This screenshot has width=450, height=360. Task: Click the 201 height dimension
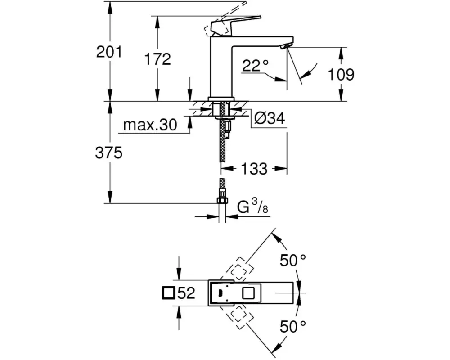109,52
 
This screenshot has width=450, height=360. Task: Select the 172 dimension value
157,59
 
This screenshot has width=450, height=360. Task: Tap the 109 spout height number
341,74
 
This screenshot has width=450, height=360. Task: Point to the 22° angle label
255,66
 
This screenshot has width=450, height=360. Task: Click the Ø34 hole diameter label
269,119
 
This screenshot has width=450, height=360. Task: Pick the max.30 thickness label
150,125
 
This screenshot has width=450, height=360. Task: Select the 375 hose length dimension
109,153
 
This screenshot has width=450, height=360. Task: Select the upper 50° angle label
293,260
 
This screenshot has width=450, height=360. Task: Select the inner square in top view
248,293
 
